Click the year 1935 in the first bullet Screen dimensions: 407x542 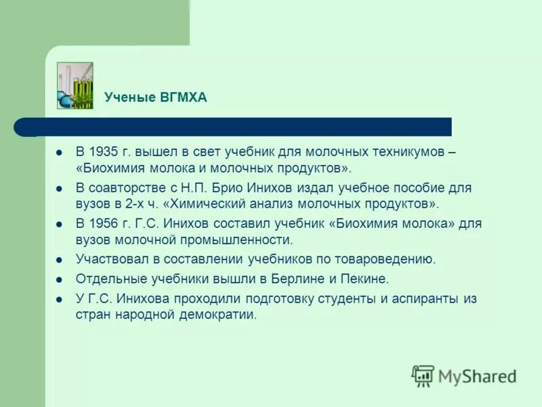[x=105, y=151]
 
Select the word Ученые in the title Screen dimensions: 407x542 [x=129, y=98]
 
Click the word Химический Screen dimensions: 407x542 [x=204, y=203]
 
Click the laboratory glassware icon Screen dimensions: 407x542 [x=75, y=85]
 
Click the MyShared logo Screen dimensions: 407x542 [x=464, y=375]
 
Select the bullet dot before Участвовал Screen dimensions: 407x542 [x=60, y=259]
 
